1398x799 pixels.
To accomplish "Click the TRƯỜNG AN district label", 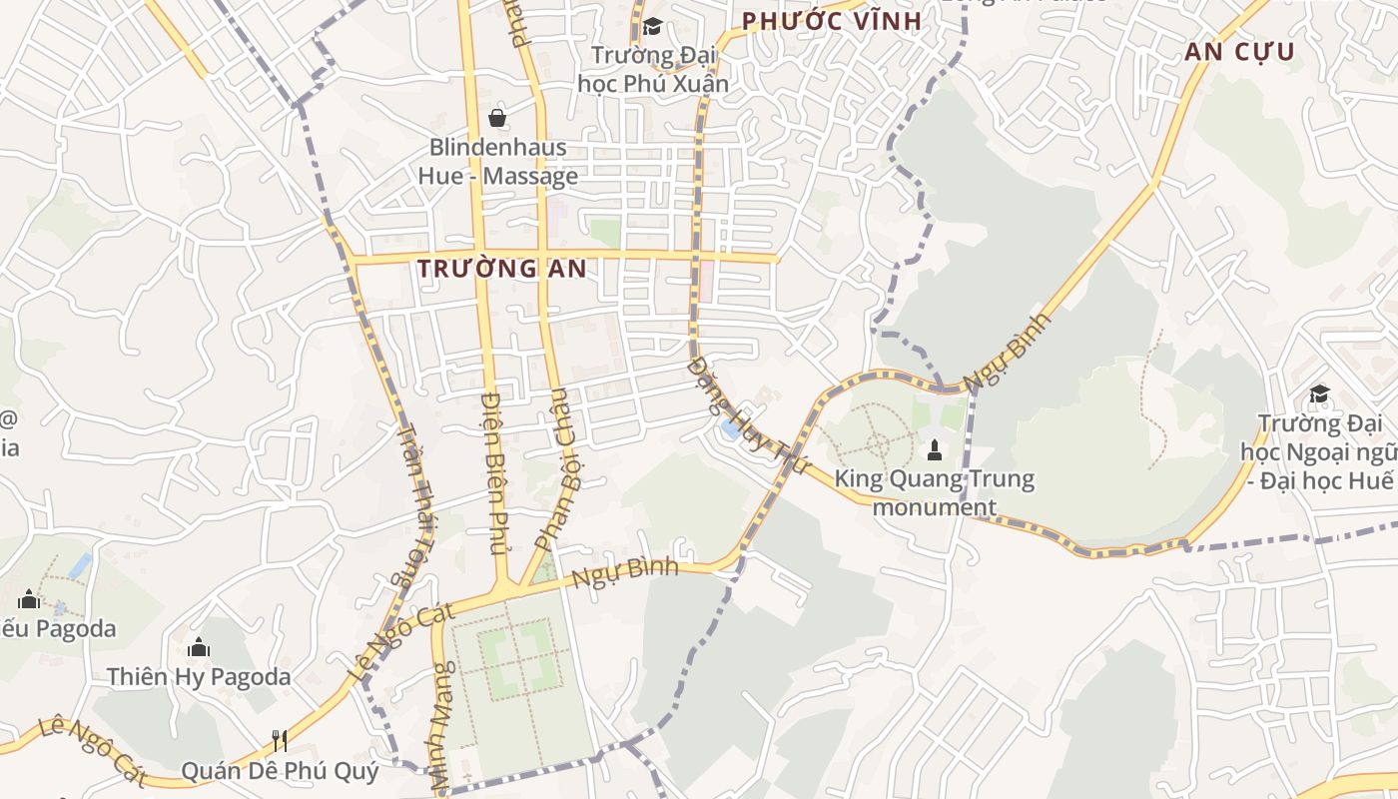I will (x=501, y=269).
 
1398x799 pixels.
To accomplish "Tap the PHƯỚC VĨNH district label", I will (x=831, y=21).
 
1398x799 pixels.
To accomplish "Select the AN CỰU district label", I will (x=1239, y=53).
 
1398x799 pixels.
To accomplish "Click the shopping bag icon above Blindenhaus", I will (x=497, y=118).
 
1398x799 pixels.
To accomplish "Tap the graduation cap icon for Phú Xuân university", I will (x=652, y=27).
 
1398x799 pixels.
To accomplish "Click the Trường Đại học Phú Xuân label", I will (x=653, y=69).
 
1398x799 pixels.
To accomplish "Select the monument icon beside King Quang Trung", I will (x=935, y=448).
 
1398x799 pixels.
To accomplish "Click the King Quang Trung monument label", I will (x=935, y=492).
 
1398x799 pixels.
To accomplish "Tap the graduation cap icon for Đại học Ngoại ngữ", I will (x=1319, y=395).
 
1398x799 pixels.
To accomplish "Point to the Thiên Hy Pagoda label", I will (x=199, y=676).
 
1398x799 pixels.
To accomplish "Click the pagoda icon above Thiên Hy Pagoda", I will (x=199, y=647).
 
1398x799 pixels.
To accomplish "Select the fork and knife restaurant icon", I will (x=280, y=740).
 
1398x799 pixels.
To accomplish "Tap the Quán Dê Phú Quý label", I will (x=280, y=771).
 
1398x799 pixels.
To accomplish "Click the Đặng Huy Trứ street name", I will (x=745, y=410).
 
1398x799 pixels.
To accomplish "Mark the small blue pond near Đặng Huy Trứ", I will (x=731, y=429).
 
